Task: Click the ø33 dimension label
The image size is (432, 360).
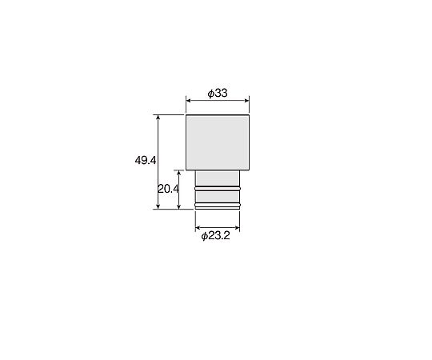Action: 218,93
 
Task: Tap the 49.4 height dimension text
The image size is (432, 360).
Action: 146,160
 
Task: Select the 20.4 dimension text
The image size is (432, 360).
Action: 168,189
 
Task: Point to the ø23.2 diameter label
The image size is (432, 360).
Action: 215,236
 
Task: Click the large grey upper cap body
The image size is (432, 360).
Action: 218,142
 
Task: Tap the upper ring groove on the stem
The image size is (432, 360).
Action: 218,189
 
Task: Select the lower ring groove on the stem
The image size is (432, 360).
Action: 218,205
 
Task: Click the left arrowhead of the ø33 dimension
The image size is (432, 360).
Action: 189,100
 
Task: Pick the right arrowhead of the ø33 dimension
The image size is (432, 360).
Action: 246,100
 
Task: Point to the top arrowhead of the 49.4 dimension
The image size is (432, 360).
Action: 158,118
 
